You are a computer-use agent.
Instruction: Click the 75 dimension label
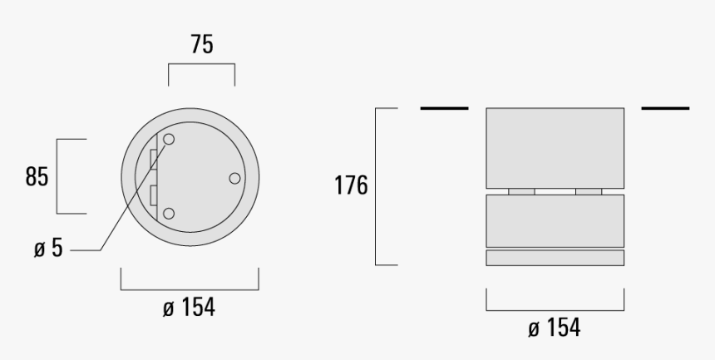[200, 45]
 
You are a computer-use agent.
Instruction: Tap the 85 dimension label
[37, 177]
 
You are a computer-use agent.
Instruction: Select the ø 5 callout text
[49, 249]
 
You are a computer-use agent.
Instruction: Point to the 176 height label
[351, 185]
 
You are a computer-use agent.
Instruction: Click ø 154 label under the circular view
[189, 307]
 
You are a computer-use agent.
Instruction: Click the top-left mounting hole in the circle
[169, 140]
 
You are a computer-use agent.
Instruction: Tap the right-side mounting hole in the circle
[234, 178]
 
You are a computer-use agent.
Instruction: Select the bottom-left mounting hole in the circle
[169, 214]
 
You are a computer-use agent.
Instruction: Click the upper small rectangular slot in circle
[153, 158]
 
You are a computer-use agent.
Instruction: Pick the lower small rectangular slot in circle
[153, 196]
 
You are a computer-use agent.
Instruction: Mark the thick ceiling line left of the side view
[444, 108]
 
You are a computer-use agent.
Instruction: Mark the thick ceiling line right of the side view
[665, 108]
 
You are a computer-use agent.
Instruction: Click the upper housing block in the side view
[555, 147]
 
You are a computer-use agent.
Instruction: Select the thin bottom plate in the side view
[555, 258]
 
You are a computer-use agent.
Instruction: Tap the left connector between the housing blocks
[521, 190]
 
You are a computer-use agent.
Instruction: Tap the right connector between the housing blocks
[588, 190]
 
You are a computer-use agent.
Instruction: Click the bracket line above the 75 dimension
[201, 71]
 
